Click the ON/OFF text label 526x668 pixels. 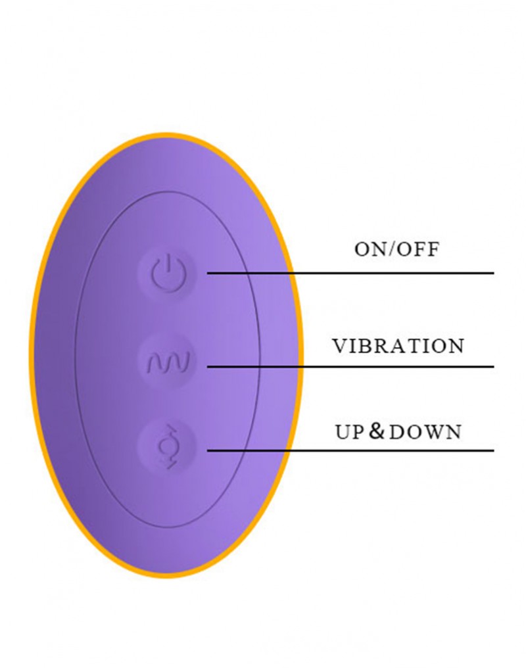(x=396, y=250)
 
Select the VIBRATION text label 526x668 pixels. (x=398, y=346)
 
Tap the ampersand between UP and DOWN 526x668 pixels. (x=375, y=431)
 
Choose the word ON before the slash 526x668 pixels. (x=370, y=250)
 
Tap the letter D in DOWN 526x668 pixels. (x=396, y=432)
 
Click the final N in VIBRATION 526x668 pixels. (x=456, y=346)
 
